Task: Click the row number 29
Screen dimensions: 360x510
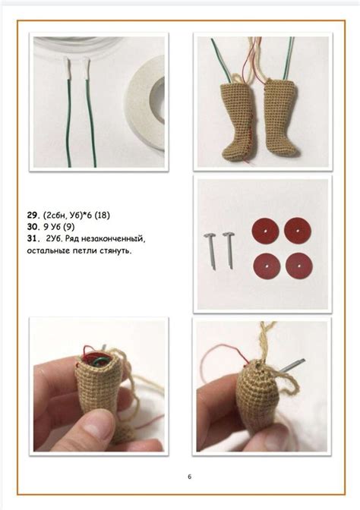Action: pyautogui.click(x=32, y=216)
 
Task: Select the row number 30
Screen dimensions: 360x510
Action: pyautogui.click(x=32, y=227)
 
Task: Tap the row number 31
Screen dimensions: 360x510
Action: pyautogui.click(x=32, y=239)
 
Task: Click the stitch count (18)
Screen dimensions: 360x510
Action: pyautogui.click(x=102, y=216)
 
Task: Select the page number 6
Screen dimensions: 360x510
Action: pyautogui.click(x=189, y=477)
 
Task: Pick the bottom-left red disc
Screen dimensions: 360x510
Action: pyautogui.click(x=266, y=266)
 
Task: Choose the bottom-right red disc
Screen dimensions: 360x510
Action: pyautogui.click(x=298, y=265)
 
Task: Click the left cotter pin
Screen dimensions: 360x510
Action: pyautogui.click(x=210, y=250)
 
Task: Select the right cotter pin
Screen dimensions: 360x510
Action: pyautogui.click(x=229, y=250)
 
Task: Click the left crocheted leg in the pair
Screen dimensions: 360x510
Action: pyautogui.click(x=238, y=120)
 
